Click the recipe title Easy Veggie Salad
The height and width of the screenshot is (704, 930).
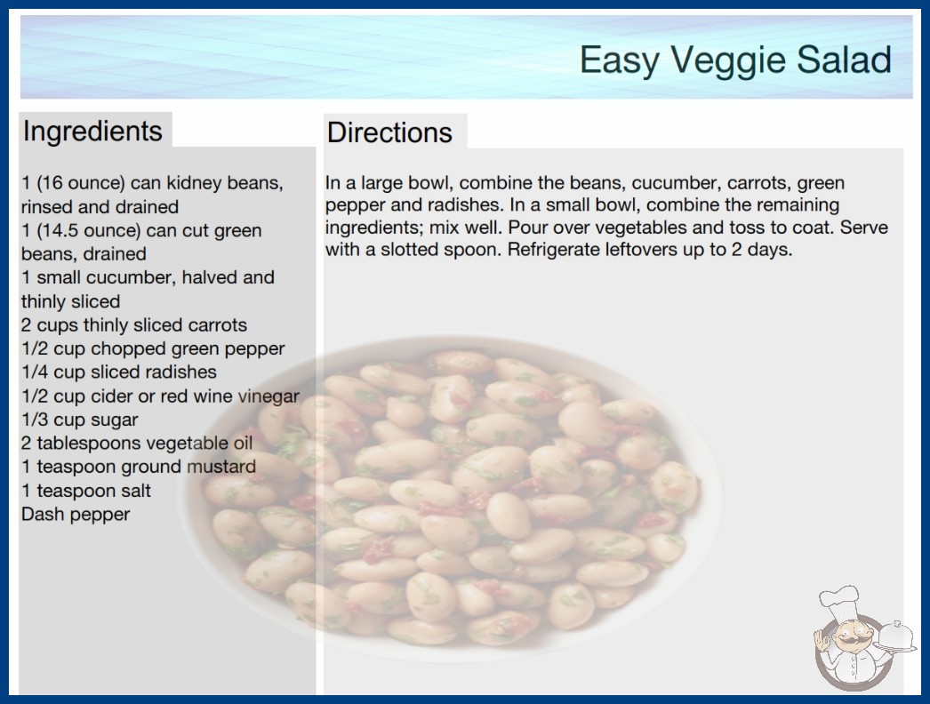pos(735,60)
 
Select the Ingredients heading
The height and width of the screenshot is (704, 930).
pos(92,132)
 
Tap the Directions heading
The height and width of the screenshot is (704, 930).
pos(389,132)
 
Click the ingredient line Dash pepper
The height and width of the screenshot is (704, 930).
pos(76,514)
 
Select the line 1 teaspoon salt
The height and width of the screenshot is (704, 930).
pos(86,491)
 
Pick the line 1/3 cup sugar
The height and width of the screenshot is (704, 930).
pos(79,420)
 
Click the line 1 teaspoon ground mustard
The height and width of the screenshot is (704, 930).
pos(139,467)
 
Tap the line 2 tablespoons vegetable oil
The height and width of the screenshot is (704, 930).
pos(137,443)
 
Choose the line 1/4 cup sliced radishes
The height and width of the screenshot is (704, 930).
pos(119,372)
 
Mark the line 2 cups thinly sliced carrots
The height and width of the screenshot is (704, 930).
pos(134,325)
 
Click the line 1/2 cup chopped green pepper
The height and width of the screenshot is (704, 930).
pos(153,348)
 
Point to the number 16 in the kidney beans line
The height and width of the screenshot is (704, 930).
pos(51,183)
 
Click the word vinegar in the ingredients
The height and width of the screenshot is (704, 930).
pos(269,396)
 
